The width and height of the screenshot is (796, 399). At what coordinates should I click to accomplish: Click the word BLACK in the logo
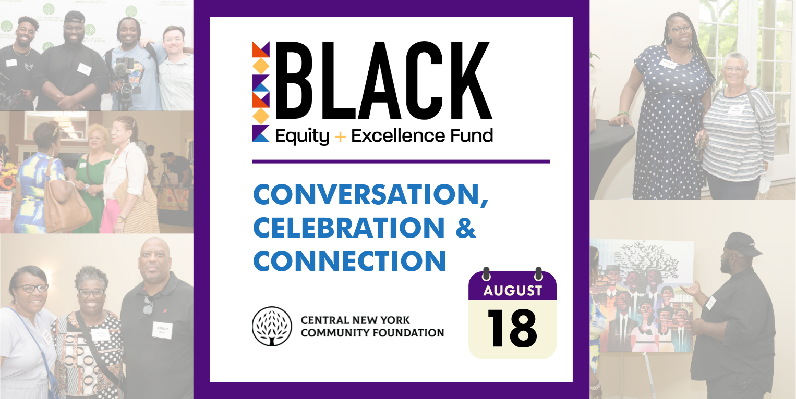click(x=384, y=81)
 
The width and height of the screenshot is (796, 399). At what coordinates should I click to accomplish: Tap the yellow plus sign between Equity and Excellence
click(x=340, y=136)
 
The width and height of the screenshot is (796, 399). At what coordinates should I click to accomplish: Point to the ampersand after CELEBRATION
click(x=465, y=228)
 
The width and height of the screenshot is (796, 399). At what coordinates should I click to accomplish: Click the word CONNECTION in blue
click(x=349, y=261)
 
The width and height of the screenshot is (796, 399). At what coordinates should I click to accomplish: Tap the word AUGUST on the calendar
click(x=512, y=291)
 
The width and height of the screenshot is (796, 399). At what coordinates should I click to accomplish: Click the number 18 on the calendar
click(x=512, y=328)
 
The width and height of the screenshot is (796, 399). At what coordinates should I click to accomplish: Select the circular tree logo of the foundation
click(x=272, y=326)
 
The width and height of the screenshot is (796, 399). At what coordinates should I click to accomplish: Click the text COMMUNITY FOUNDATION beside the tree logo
click(x=372, y=333)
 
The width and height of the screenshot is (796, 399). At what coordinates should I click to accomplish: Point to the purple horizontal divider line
click(x=401, y=161)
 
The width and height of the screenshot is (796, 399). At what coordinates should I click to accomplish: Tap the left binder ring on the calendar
click(x=487, y=273)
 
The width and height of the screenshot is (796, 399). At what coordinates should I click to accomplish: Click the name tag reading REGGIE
click(x=162, y=330)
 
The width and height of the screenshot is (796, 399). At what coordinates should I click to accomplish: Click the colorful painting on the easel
click(x=644, y=295)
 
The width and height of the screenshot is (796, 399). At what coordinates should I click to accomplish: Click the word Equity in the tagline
click(x=303, y=136)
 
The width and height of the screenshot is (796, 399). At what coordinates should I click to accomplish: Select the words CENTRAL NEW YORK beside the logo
click(x=355, y=320)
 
